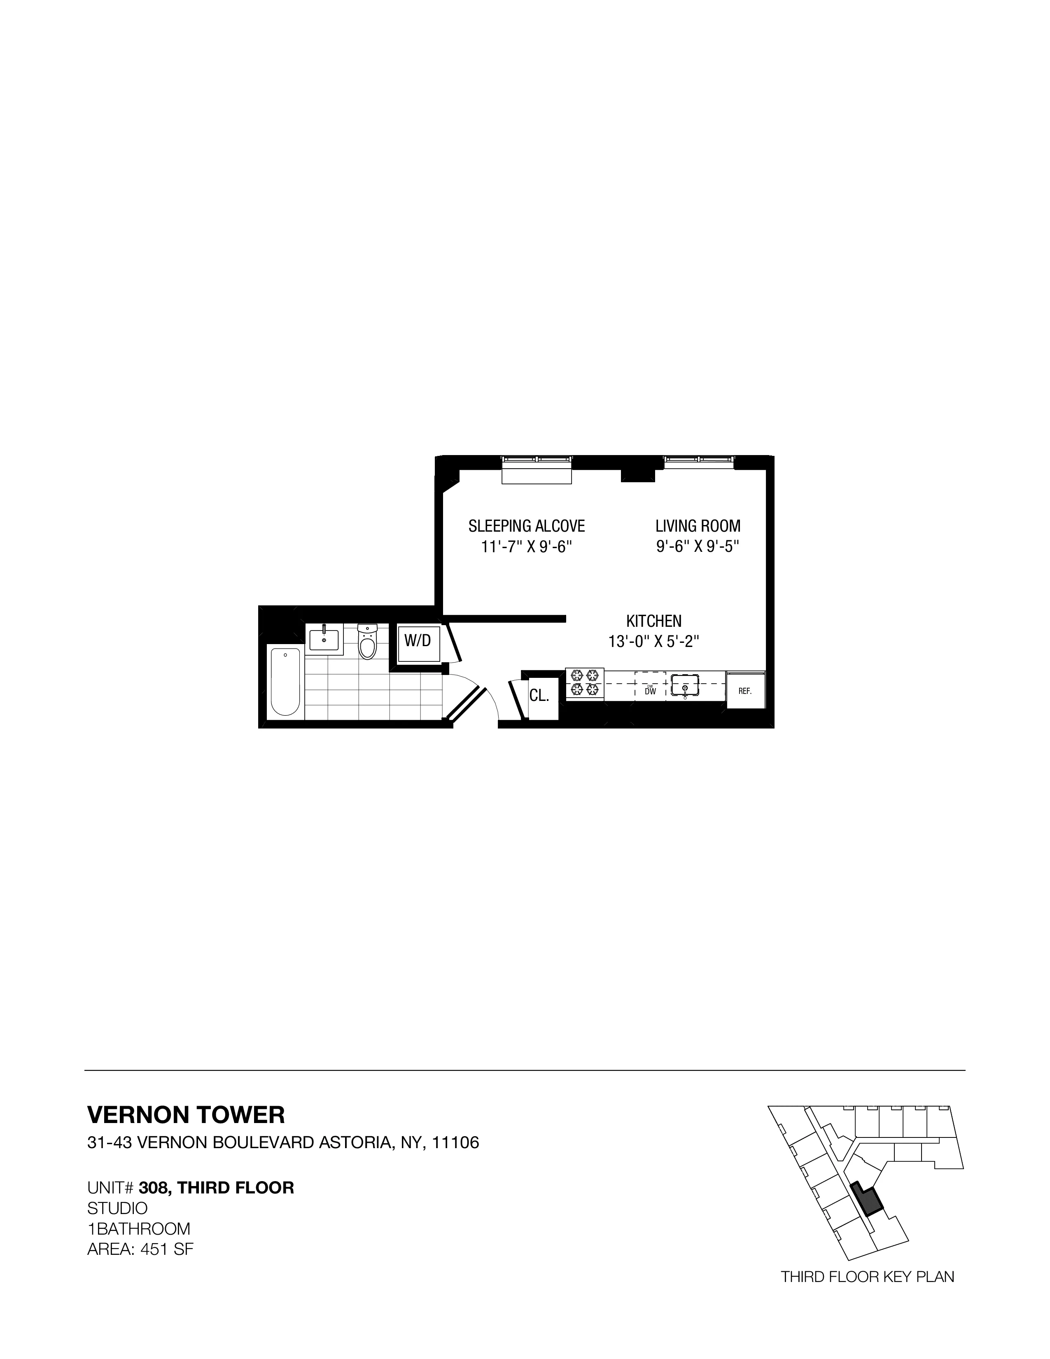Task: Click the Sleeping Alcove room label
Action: click(526, 526)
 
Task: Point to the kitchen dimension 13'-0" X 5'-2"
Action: click(654, 642)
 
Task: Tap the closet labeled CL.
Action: click(539, 696)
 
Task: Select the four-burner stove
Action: click(585, 683)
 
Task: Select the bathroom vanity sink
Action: click(324, 639)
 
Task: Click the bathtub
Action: click(285, 682)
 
